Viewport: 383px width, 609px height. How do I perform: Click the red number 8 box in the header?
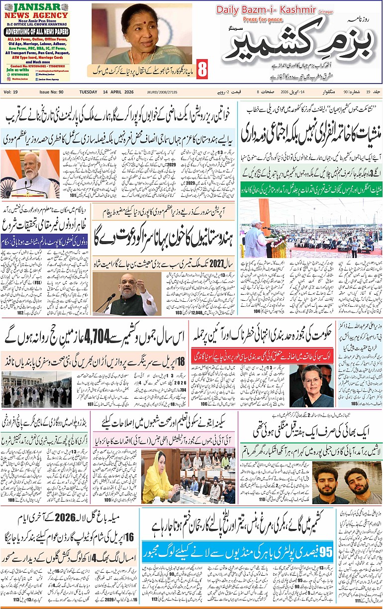click(202, 69)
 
